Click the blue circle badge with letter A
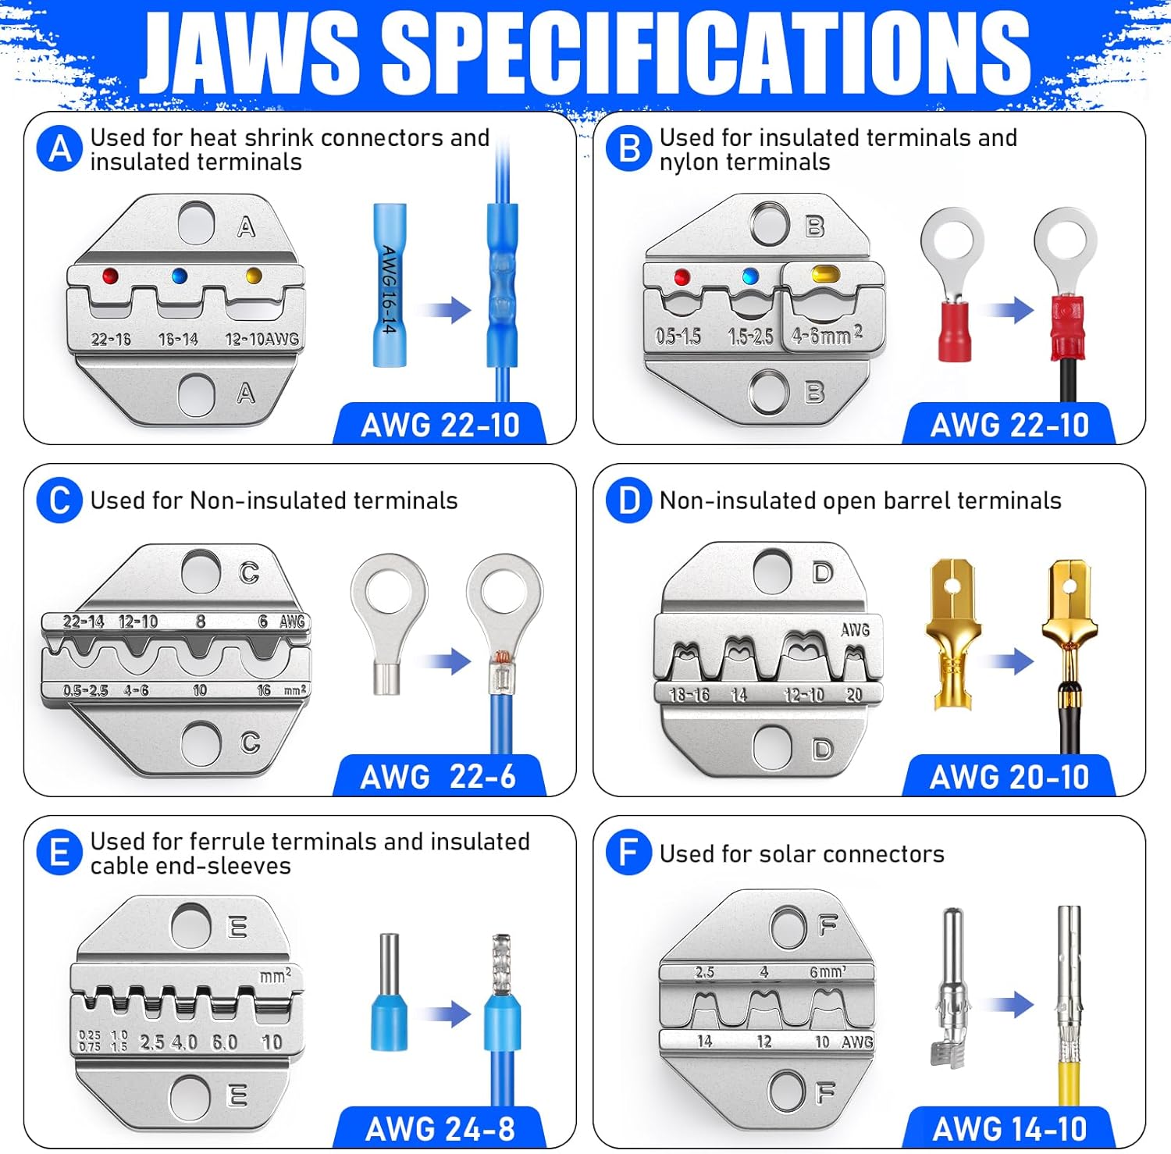click(x=59, y=149)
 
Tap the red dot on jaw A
click(x=110, y=276)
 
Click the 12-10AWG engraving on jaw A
click(x=262, y=339)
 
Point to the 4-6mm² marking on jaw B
click(x=827, y=336)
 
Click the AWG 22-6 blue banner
click(x=438, y=777)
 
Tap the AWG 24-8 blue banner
click(x=440, y=1129)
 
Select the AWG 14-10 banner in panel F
click(x=1009, y=1129)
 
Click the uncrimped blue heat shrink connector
click(x=389, y=284)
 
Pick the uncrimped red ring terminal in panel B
click(x=952, y=285)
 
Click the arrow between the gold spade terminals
click(x=1012, y=661)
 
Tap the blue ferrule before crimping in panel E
click(x=389, y=992)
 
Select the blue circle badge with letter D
click(x=628, y=500)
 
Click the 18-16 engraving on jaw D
click(x=690, y=694)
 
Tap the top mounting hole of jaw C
click(x=201, y=572)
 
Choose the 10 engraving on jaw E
click(x=272, y=1042)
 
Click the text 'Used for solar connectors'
click(x=802, y=854)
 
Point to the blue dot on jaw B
click(x=751, y=276)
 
